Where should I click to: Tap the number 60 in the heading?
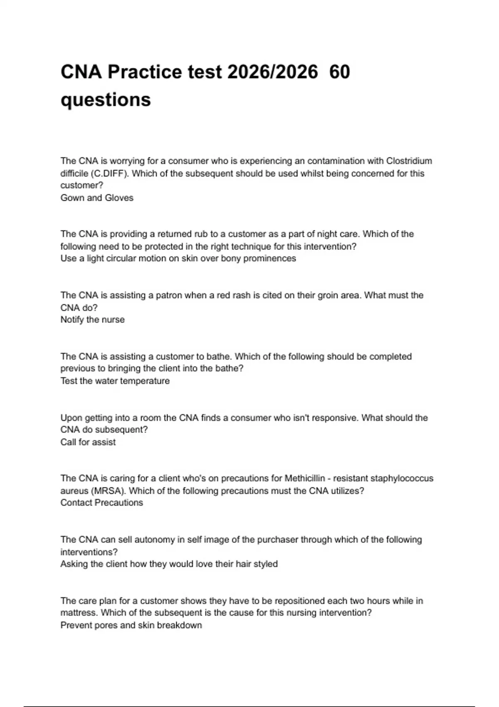point(339,72)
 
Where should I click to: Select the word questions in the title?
point(106,100)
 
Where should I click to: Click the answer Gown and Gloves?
point(97,198)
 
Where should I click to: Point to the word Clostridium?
point(409,161)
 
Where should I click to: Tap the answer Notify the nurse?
point(92,320)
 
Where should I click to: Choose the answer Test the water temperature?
point(115,381)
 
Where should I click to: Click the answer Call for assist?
point(88,442)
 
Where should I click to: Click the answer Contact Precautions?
point(101,503)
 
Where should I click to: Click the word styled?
point(265,564)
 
